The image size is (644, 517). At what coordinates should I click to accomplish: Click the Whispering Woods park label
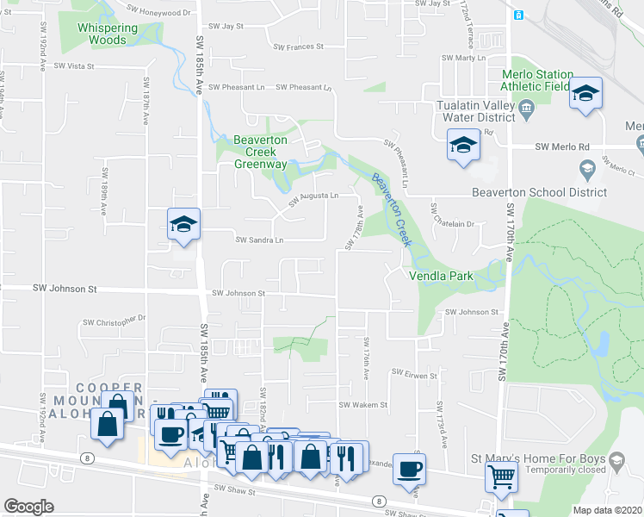tap(108, 34)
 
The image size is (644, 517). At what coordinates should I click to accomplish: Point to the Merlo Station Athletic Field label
tap(536, 80)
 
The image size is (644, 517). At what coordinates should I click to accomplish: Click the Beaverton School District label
tap(539, 193)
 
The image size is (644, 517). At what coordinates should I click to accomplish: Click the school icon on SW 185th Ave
tap(183, 226)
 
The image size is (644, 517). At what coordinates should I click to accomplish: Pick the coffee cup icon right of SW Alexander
tap(410, 470)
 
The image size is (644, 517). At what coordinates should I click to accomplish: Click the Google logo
tap(28, 507)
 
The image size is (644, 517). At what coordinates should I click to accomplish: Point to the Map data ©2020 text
tap(607, 510)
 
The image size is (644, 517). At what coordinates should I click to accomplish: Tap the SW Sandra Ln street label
tap(259, 240)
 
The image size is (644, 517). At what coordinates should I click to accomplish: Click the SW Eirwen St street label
tap(415, 375)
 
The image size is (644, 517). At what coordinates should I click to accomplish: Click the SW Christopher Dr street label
tap(115, 321)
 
